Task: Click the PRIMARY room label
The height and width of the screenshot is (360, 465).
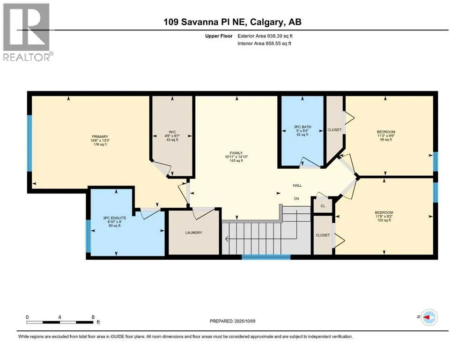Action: (100, 137)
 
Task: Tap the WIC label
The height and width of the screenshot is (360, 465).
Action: (172, 132)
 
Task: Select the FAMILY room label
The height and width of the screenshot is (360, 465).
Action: (236, 153)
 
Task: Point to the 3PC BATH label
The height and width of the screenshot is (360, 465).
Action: (303, 127)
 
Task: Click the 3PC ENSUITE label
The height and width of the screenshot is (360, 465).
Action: (114, 218)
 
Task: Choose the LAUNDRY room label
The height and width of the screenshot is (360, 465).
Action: (194, 232)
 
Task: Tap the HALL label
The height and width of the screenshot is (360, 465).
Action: (297, 186)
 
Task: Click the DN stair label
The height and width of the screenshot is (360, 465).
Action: (296, 199)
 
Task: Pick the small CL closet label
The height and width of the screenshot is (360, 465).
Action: (323, 206)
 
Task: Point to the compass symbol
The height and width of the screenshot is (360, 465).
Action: (429, 317)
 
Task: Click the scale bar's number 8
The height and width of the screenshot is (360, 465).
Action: (93, 317)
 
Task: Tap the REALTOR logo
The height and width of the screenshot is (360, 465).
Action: (27, 32)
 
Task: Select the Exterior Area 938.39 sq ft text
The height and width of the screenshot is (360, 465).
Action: (265, 36)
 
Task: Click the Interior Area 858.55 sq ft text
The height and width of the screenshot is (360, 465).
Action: (264, 43)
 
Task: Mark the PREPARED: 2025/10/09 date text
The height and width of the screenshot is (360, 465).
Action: (232, 321)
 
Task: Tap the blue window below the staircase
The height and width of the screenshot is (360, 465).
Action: (266, 257)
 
